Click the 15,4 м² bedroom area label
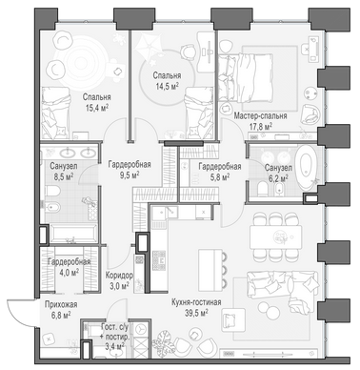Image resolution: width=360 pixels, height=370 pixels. [97, 108]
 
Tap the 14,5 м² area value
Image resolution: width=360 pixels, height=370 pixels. [167, 86]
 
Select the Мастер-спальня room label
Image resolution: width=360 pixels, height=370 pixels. [260, 115]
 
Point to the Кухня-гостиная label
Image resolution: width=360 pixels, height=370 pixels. [196, 302]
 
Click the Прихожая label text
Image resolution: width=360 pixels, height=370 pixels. [61, 304]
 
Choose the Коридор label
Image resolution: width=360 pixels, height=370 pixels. [119, 275]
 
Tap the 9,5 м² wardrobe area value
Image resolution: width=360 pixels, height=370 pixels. [130, 175]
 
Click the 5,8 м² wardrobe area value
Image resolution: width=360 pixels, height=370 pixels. [220, 176]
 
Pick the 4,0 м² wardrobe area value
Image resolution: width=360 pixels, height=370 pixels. [69, 273]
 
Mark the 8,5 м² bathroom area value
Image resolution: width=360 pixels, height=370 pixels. [64, 176]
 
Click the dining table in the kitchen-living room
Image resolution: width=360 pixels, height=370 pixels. [275, 236]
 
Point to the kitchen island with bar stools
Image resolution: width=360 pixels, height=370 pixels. [212, 267]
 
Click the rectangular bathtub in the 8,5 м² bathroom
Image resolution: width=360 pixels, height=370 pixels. [73, 234]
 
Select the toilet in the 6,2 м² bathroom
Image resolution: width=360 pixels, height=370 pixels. [263, 189]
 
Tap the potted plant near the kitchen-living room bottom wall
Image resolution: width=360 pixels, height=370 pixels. [164, 341]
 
